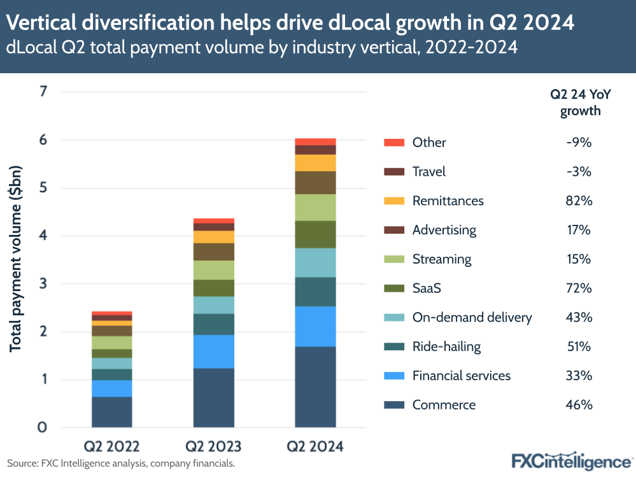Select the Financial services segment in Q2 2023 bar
213,352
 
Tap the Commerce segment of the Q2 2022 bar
111,412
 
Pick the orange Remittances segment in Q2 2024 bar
315,163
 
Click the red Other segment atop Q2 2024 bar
315,141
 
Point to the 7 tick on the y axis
43,92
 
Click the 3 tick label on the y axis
43,284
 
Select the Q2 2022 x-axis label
112,446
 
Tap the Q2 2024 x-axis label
315,446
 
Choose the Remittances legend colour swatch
393,201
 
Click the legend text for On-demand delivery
472,317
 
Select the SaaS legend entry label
427,288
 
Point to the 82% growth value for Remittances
580,201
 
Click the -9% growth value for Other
580,143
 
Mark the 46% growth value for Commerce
580,405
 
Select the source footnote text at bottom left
121,463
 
